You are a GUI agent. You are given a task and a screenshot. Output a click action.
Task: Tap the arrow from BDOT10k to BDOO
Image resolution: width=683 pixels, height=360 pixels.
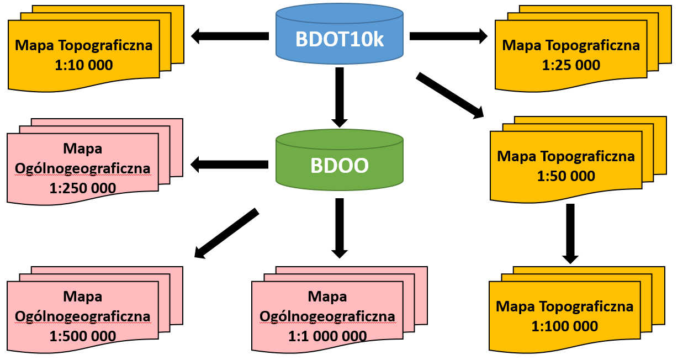coord(340,97)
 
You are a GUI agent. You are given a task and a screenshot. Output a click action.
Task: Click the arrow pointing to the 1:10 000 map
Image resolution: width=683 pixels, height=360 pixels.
coord(229,36)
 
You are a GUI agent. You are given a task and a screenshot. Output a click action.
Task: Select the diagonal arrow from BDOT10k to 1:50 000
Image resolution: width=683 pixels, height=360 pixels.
coord(449,95)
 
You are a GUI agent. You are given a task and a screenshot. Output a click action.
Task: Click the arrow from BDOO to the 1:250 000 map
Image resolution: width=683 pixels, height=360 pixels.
coord(229,164)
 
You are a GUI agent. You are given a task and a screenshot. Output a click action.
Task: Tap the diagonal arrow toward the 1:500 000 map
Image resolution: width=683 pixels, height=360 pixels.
coord(227,234)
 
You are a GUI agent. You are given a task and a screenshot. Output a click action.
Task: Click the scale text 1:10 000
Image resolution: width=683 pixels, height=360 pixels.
coord(84,65)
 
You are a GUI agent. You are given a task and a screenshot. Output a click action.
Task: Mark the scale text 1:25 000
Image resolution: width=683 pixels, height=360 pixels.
coord(571,65)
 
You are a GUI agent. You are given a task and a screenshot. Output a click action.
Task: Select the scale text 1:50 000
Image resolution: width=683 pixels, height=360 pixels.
coord(566,176)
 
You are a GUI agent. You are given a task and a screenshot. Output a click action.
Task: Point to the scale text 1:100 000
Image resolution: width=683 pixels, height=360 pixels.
coord(565,326)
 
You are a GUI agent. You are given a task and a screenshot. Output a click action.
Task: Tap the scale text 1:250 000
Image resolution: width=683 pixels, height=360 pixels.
coord(83,188)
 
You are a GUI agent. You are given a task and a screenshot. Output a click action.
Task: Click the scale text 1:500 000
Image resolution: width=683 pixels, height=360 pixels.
coord(83,336)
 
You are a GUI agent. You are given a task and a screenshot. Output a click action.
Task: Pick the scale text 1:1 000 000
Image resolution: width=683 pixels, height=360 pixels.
coord(327,336)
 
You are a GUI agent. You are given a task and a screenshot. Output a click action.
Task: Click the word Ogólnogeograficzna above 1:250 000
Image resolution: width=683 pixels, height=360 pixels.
coord(83,168)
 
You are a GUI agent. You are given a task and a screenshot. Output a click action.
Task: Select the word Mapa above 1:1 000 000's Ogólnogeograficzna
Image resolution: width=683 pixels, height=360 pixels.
coord(327,297)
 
